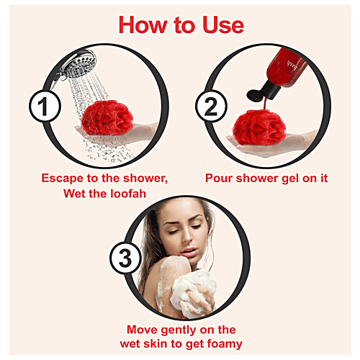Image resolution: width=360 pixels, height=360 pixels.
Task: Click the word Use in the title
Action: coord(223,25)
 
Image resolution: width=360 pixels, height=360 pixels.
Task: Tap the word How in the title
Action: coord(143,25)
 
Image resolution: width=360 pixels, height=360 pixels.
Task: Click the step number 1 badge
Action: coord(45,106)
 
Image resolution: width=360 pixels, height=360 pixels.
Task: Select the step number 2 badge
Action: coord(211,106)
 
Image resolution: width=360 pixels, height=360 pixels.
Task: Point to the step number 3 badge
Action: coord(125,258)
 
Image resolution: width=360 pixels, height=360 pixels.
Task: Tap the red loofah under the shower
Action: coord(107,118)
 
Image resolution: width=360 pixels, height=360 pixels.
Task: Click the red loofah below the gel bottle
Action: coord(259,127)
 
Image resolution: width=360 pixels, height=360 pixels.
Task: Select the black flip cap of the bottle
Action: coord(263,91)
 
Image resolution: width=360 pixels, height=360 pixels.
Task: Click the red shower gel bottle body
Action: coord(287,67)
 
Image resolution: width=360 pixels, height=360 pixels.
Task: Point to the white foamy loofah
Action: coord(193,294)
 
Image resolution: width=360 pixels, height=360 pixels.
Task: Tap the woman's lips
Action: coord(189,252)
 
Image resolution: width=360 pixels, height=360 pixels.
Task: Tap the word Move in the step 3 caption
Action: coord(142,330)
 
